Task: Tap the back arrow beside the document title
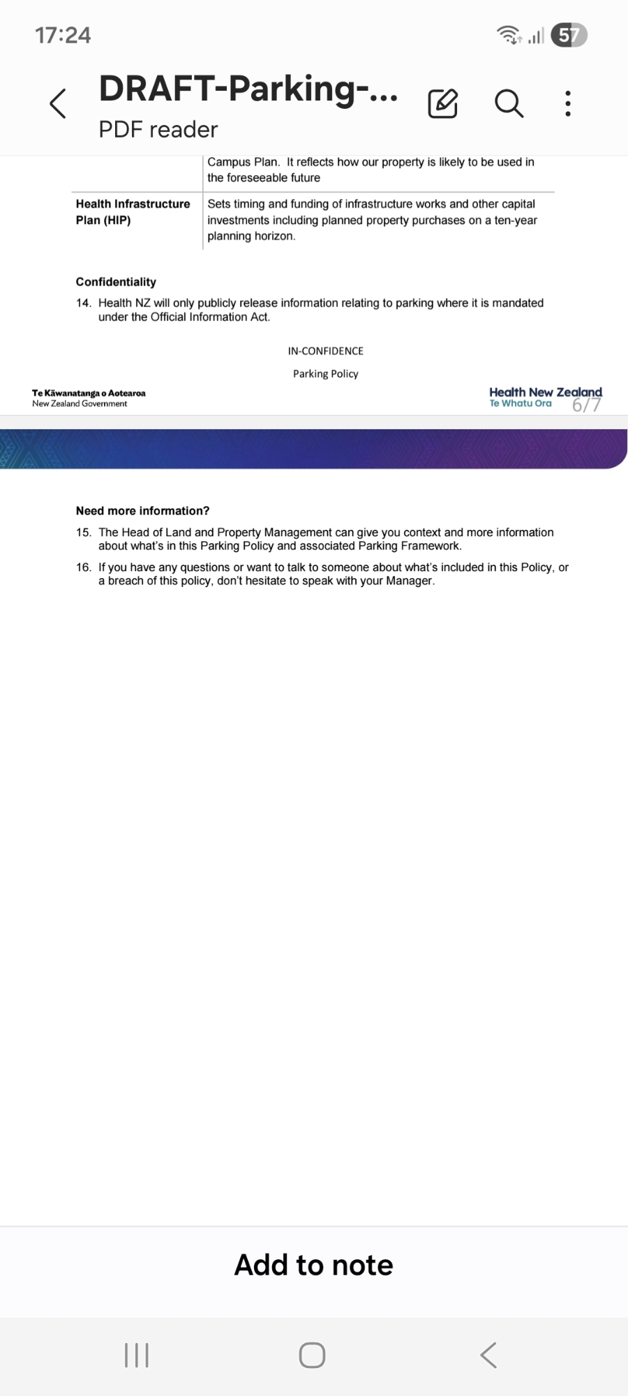[x=59, y=104]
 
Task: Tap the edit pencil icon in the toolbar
[x=442, y=104]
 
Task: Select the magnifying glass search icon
[x=509, y=104]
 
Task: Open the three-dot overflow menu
[x=568, y=104]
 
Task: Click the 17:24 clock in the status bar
[x=63, y=35]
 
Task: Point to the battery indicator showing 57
[x=569, y=35]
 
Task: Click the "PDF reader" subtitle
[x=158, y=129]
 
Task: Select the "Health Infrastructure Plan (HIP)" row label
[x=133, y=211]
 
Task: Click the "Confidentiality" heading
[x=116, y=282]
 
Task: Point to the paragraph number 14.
[x=84, y=303]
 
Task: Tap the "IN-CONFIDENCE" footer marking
[x=325, y=351]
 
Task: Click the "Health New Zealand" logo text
[x=545, y=393]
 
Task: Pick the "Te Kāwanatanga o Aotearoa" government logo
[x=89, y=398]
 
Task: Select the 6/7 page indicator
[x=586, y=406]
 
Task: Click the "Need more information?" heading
[x=142, y=511]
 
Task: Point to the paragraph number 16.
[x=84, y=567]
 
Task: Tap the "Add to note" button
[x=314, y=1265]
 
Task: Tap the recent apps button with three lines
[x=137, y=1356]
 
